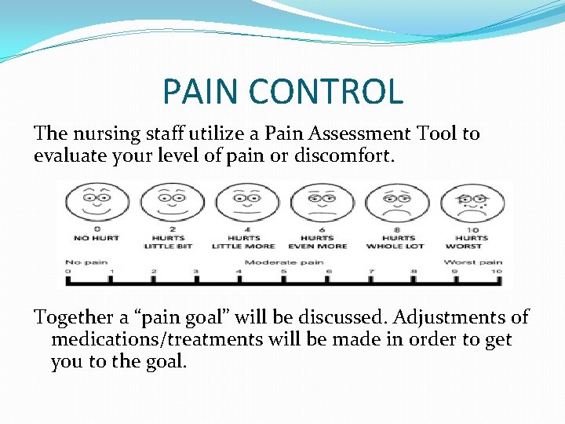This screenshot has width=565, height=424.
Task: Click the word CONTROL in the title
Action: tap(329, 91)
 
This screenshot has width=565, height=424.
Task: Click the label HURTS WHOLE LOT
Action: tap(395, 242)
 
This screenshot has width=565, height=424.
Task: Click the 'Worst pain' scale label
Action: tap(472, 261)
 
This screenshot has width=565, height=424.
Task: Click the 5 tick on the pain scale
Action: tap(283, 272)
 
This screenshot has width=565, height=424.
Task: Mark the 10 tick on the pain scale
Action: tap(496, 272)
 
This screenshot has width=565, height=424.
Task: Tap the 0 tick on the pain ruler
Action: tap(68, 272)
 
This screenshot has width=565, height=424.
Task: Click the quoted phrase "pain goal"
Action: tap(166, 318)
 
